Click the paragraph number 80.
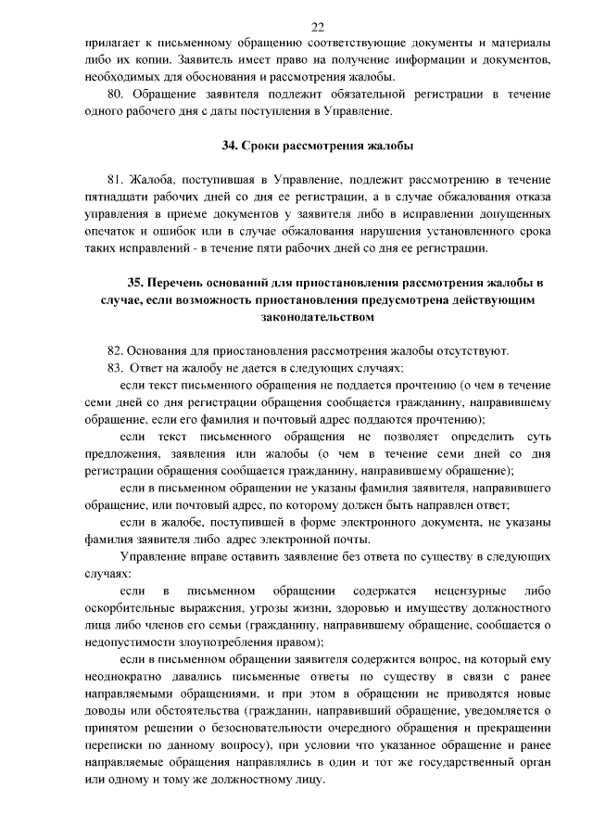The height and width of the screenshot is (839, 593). (117, 95)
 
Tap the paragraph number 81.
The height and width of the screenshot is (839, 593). (116, 180)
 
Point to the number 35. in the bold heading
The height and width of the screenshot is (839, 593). (136, 283)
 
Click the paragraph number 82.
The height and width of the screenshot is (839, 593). (116, 350)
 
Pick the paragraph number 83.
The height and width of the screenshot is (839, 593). (116, 368)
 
